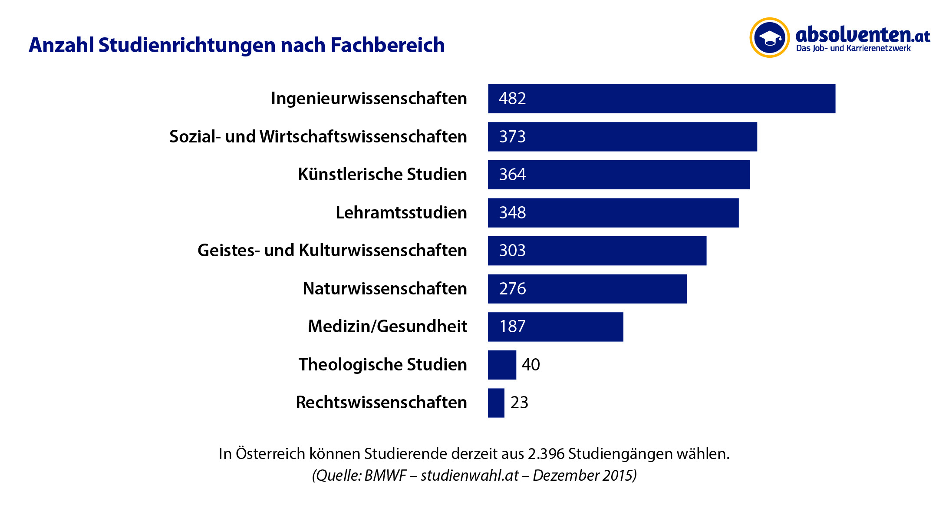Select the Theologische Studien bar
coord(502,365)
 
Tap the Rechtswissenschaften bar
coord(496,403)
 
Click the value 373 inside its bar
coord(512,137)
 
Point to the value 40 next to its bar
coord(531,365)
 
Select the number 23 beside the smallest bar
coord(519,403)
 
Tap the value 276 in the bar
coord(512,289)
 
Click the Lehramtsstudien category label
coord(401,213)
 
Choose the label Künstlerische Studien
coord(382,175)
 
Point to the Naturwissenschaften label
coord(385,289)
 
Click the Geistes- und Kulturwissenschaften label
coord(332,251)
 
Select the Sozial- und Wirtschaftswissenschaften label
coord(318,137)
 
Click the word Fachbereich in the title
coord(388,45)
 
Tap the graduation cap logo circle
coord(769,38)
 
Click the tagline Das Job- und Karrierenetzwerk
coord(853,49)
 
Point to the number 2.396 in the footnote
coord(546,454)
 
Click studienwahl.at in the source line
coord(470,476)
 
